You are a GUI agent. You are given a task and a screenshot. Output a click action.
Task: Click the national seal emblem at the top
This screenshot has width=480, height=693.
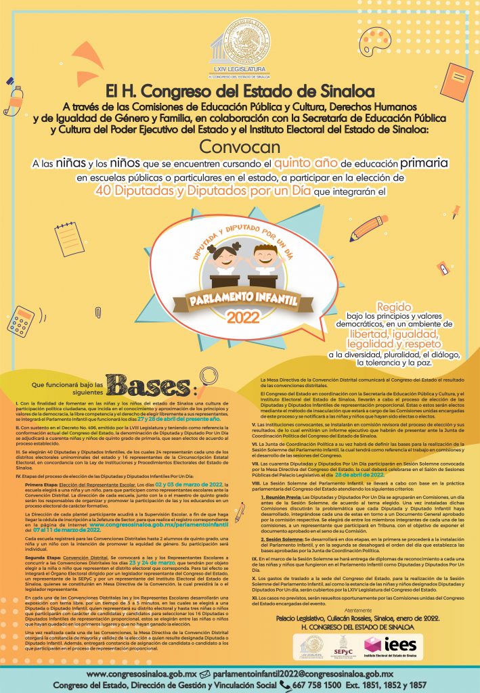pyautogui.click(x=240, y=40)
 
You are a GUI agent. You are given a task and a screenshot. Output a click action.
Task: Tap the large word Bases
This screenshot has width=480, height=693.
pyautogui.click(x=160, y=384)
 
